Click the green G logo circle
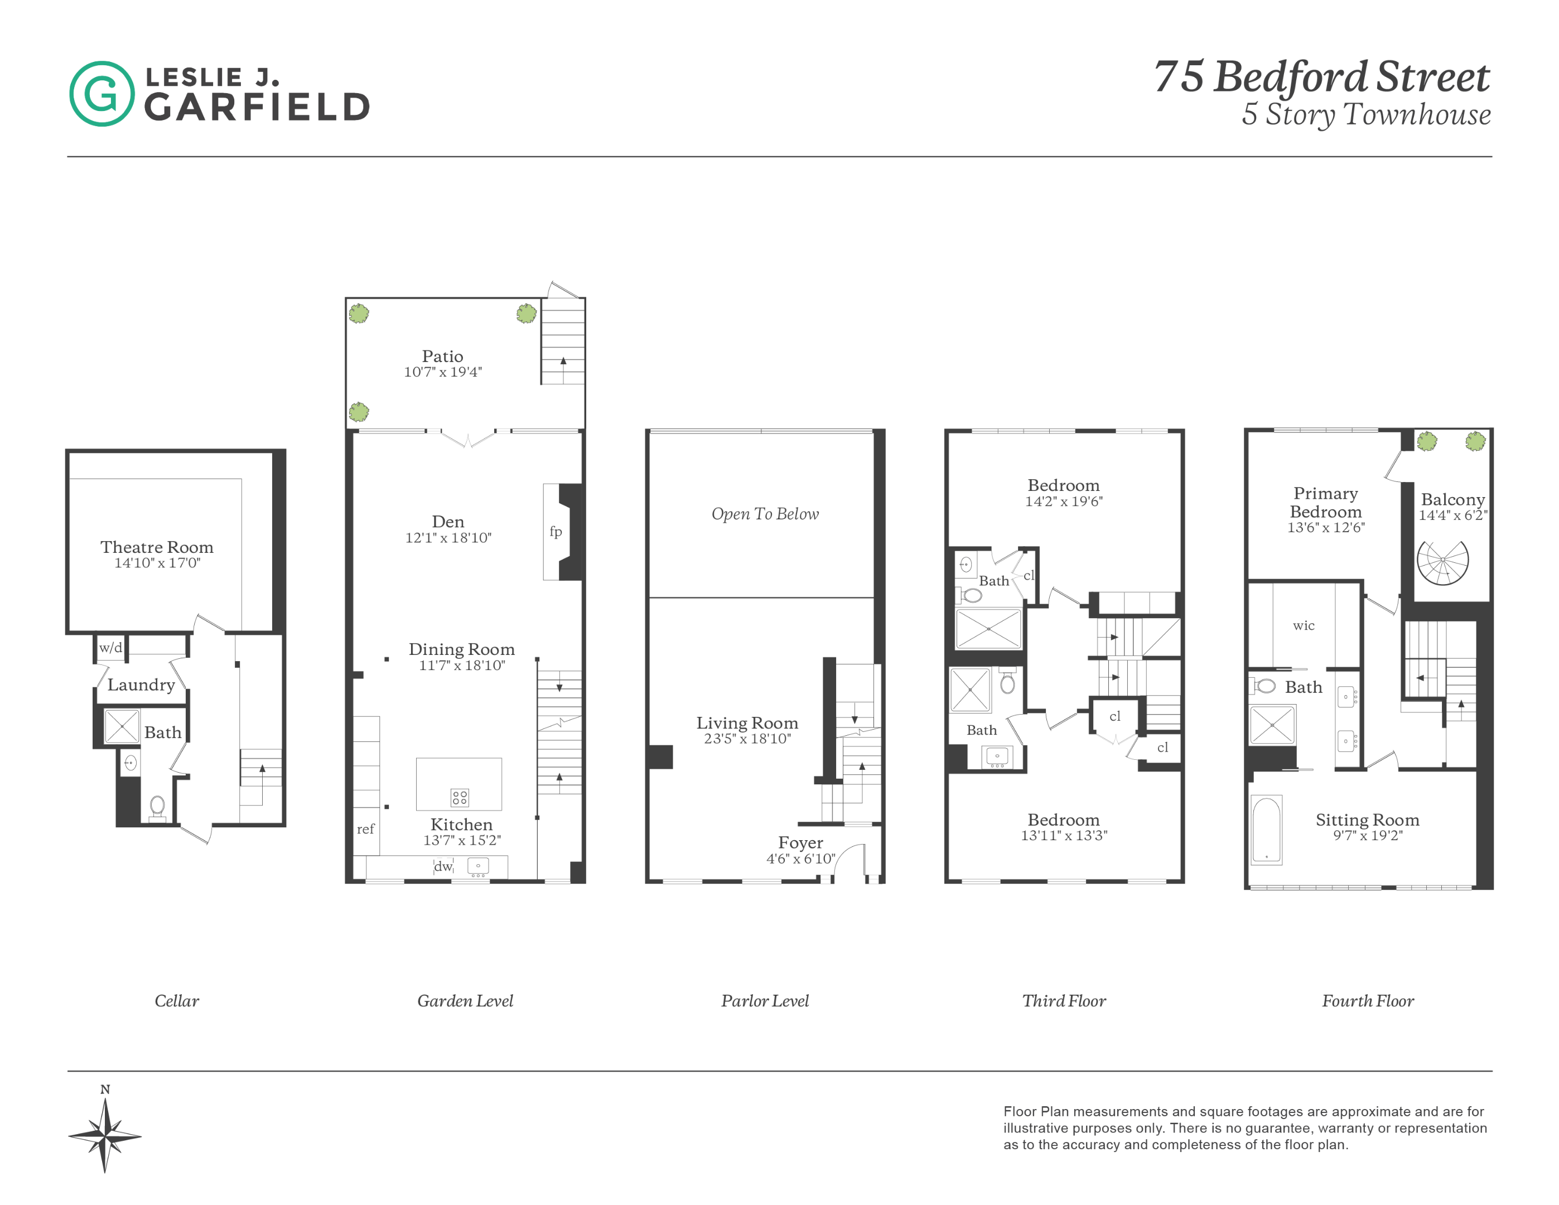click(102, 94)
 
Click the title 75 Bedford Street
click(1321, 76)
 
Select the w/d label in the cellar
click(110, 648)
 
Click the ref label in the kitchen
click(365, 829)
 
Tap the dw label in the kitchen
click(443, 866)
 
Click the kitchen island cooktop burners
click(460, 797)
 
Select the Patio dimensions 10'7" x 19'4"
click(442, 372)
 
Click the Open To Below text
click(765, 514)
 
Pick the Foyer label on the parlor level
click(800, 842)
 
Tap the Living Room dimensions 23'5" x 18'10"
click(747, 739)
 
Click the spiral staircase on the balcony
click(1442, 562)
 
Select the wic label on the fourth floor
click(1304, 625)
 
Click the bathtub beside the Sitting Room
click(1266, 830)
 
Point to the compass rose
click(105, 1136)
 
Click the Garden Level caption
click(465, 1001)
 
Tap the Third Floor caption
click(1064, 1001)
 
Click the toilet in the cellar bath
click(157, 806)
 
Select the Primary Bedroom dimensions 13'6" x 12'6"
click(1326, 528)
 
